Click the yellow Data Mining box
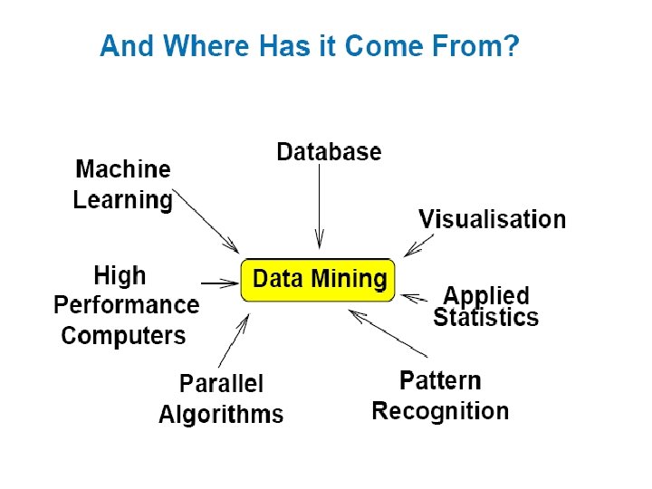318,280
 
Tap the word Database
329,152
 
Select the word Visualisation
492,219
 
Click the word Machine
123,169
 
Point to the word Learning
123,200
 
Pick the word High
120,275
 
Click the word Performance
126,305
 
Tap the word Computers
123,336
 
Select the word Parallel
221,384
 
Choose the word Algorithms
221,415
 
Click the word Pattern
440,380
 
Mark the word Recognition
440,411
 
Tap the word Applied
485,295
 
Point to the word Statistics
485,317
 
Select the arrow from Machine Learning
206,221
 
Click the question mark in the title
512,45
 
